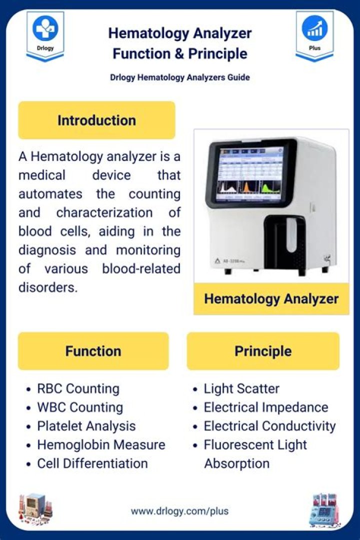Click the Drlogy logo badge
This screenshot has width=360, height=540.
pyautogui.click(x=45, y=35)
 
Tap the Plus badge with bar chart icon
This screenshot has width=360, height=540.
pyautogui.click(x=315, y=35)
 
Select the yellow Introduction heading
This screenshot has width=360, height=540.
pyautogui.click(x=96, y=120)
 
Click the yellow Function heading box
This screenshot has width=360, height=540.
pyautogui.click(x=93, y=351)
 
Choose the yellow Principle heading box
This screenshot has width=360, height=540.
pyautogui.click(x=263, y=351)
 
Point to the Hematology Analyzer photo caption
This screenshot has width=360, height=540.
pyautogui.click(x=271, y=299)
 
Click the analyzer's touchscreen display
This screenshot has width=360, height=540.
pyautogui.click(x=249, y=174)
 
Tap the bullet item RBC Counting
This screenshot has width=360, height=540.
pyautogui.click(x=78, y=388)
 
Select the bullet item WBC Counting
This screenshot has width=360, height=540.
pyautogui.click(x=80, y=407)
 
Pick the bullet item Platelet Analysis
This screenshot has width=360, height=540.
pyautogui.click(x=86, y=426)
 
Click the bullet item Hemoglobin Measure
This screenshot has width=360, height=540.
pyautogui.click(x=101, y=444)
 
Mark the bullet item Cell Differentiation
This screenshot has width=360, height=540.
pyautogui.click(x=92, y=463)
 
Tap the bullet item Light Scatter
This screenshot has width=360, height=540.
pyautogui.click(x=241, y=388)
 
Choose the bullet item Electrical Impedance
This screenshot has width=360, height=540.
pyautogui.click(x=265, y=407)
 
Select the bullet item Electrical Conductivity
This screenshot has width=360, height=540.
pyautogui.click(x=269, y=426)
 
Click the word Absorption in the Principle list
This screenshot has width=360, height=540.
pyautogui.click(x=236, y=463)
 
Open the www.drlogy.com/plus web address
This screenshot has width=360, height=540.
pyautogui.click(x=179, y=511)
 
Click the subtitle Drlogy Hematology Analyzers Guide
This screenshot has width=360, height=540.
pyautogui.click(x=180, y=77)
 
